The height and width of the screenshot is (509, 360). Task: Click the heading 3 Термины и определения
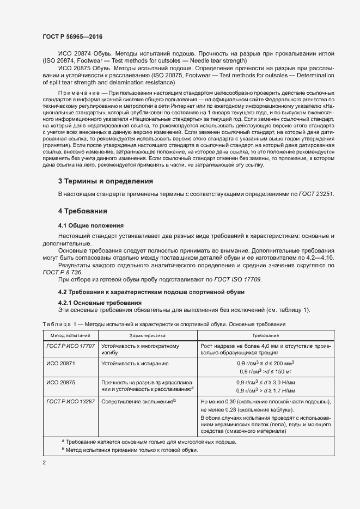[105, 181]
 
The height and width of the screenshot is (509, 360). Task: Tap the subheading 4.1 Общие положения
[91, 225]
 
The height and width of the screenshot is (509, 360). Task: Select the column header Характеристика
[147, 336]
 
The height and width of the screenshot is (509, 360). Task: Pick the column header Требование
[265, 336]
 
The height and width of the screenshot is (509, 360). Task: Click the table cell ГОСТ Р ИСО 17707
[70, 346]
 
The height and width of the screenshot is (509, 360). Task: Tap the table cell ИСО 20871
[60, 362]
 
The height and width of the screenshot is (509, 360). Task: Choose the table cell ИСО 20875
[60, 382]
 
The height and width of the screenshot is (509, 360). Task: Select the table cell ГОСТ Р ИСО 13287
[70, 401]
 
